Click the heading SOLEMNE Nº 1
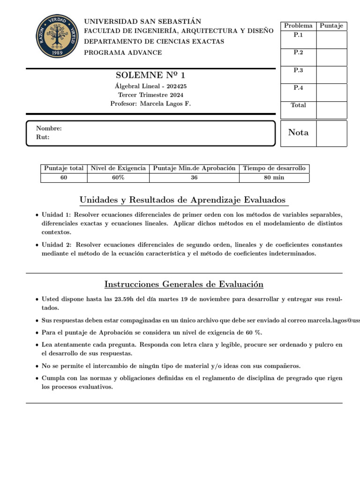[x=153, y=75]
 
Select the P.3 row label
[x=298, y=70]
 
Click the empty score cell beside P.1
[x=331, y=39]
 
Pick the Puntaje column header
[x=331, y=26]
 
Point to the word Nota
[x=298, y=133]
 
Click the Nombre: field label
[x=49, y=128]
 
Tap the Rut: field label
[x=43, y=137]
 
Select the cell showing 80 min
[x=274, y=178]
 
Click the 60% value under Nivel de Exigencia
[x=118, y=178]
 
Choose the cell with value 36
[x=194, y=178]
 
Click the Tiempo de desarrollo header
[x=274, y=168]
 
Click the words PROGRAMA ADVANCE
[x=123, y=52]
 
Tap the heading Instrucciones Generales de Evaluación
[x=184, y=285]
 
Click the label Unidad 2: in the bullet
[x=56, y=245]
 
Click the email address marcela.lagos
[x=330, y=320]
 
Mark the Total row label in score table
[x=298, y=105]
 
